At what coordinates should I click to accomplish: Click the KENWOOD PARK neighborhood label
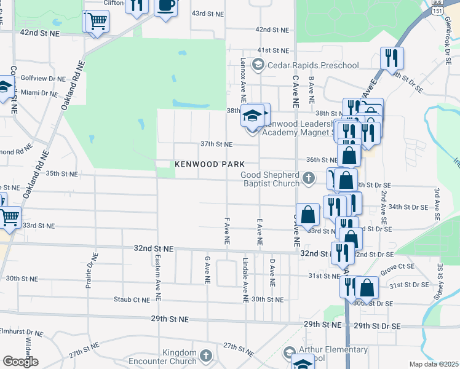tap(210, 164)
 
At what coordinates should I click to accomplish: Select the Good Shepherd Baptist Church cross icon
tap(309, 179)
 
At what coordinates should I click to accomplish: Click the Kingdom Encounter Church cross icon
tap(205, 355)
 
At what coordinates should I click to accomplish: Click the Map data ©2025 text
tap(434, 364)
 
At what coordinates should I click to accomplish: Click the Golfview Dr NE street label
tap(43, 79)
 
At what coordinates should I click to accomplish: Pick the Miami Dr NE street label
tap(39, 92)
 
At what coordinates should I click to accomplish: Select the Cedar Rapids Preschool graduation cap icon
tap(258, 65)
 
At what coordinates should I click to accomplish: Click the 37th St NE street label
tap(216, 144)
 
